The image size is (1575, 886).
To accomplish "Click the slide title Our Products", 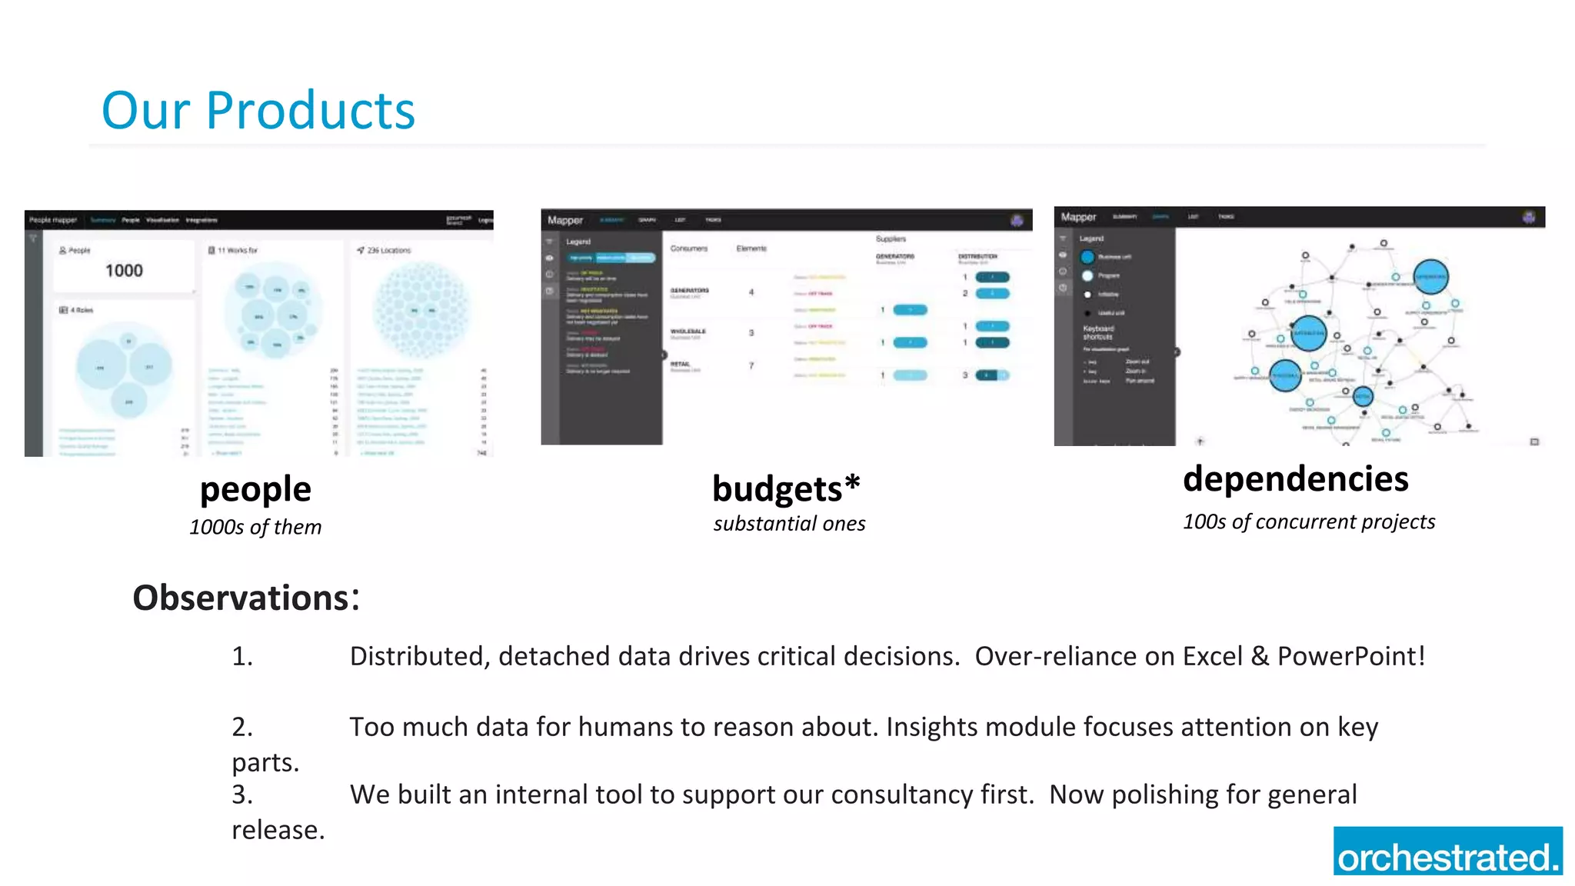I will [258, 111].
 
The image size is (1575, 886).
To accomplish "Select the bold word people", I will [255, 489].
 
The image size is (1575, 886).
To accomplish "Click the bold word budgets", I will [777, 489].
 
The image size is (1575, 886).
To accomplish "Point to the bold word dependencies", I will [1295, 479].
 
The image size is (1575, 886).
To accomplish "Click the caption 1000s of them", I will [255, 528].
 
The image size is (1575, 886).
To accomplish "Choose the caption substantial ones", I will [789, 524].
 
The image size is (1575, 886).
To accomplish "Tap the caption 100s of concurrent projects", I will [1308, 521].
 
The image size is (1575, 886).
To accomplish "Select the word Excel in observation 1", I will [1212, 656].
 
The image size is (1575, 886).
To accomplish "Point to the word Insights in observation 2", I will [931, 727].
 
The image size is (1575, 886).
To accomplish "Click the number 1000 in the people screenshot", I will [124, 271].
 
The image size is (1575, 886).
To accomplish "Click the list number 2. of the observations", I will [242, 727].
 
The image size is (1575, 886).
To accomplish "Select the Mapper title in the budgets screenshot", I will [565, 220].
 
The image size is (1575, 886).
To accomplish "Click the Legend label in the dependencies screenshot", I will [1091, 239].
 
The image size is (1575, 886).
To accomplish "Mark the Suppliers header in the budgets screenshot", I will [891, 239].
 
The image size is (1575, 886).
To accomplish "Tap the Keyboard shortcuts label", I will [1098, 332].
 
